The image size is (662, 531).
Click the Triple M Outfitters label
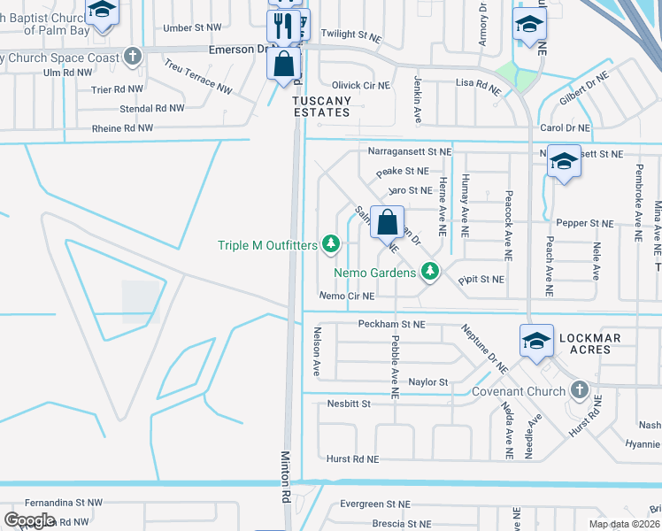pyautogui.click(x=267, y=245)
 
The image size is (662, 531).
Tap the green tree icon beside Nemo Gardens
pyautogui.click(x=430, y=273)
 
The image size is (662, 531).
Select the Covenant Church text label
pyautogui.click(x=518, y=392)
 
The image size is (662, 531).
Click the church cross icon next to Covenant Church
pyautogui.click(x=579, y=389)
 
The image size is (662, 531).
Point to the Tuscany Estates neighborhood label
pyautogui.click(x=322, y=107)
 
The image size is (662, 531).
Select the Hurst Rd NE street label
pyautogui.click(x=352, y=459)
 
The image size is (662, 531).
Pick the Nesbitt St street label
pyautogui.click(x=346, y=403)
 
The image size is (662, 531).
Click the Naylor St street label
pyautogui.click(x=429, y=381)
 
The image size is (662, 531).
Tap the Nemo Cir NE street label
pyautogui.click(x=347, y=296)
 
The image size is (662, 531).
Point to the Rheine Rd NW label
pyautogui.click(x=122, y=128)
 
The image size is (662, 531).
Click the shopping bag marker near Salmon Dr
pyautogui.click(x=388, y=222)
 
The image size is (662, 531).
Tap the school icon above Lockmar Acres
pyautogui.click(x=536, y=341)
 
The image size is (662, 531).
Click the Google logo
pyautogui.click(x=29, y=520)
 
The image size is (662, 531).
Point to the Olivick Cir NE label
pyautogui.click(x=360, y=85)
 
